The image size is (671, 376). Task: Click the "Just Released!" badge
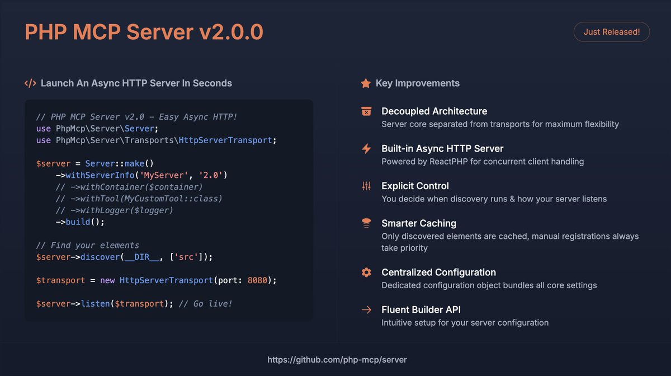611,32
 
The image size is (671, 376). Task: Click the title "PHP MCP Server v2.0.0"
144,32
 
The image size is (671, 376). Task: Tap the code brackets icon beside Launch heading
30,83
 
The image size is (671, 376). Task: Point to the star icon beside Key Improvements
366,83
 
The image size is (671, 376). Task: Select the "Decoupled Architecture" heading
434,111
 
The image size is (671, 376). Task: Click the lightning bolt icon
366,149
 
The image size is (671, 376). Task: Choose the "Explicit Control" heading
415,186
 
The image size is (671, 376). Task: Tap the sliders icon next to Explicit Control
366,186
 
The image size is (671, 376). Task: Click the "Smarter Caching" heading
419,223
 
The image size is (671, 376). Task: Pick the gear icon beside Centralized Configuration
366,272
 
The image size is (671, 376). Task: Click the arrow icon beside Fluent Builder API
366,309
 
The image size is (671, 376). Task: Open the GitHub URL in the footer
337,360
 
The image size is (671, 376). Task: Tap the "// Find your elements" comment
87,245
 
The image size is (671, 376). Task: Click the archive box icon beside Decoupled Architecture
366,111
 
